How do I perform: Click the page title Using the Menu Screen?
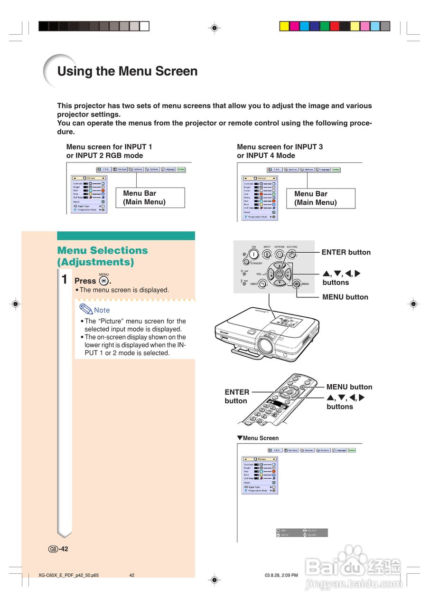click(127, 72)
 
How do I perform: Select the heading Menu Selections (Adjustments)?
click(103, 256)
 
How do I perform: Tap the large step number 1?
click(65, 279)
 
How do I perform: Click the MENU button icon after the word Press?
click(104, 281)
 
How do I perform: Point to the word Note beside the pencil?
click(102, 310)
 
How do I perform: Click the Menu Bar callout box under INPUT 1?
click(143, 198)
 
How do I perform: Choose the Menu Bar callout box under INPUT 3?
click(320, 198)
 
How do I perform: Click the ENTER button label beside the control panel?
click(346, 252)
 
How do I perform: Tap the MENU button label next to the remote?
click(349, 387)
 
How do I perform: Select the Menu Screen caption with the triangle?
click(258, 438)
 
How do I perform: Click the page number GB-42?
click(58, 549)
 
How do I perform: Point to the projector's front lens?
click(265, 343)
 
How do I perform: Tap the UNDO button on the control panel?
click(262, 284)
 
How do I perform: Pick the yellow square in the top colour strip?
click(284, 26)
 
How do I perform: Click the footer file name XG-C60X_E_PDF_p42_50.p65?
click(69, 576)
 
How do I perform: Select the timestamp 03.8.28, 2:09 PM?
click(281, 576)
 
